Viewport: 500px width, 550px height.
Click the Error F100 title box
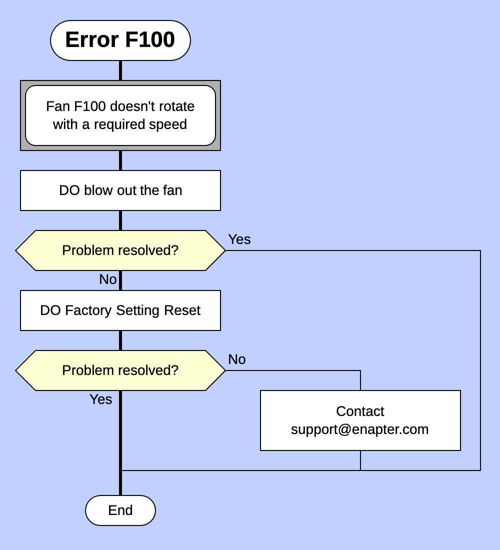[x=120, y=40]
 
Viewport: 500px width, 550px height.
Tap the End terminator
[x=120, y=510]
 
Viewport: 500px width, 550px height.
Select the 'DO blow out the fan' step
[x=120, y=190]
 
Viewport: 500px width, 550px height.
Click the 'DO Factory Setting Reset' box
[x=120, y=310]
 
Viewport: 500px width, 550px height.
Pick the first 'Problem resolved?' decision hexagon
[x=120, y=250]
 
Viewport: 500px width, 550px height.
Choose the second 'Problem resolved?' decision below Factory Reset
[x=120, y=370]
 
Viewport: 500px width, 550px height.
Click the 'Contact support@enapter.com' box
[x=360, y=420]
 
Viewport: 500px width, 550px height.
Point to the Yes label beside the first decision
[x=239, y=239]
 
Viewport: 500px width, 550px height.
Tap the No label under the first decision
[x=107, y=279]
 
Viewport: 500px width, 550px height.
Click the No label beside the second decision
[x=236, y=359]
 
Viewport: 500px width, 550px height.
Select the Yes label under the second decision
[x=100, y=399]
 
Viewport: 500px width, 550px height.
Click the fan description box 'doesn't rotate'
[x=120, y=115]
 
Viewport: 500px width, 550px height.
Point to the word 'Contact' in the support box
[x=360, y=411]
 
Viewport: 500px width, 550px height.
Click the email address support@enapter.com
[x=360, y=429]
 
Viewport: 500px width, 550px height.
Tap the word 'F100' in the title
[x=149, y=40]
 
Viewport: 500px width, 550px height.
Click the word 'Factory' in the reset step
[x=88, y=310]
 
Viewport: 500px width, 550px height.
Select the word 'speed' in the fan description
[x=170, y=124]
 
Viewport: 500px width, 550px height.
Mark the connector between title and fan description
[x=120, y=70]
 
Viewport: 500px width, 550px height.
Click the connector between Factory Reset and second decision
[x=120, y=340]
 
